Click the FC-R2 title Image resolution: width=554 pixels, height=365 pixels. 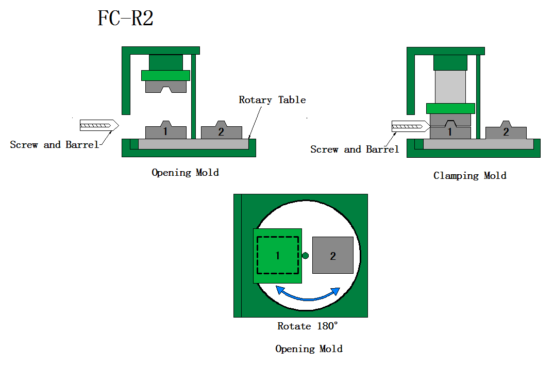[125, 19]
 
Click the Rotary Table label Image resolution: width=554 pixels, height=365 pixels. [272, 100]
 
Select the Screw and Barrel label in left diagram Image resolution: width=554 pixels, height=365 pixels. [54, 145]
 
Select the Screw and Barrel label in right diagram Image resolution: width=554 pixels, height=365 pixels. [355, 150]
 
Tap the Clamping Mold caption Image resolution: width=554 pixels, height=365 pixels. [469, 176]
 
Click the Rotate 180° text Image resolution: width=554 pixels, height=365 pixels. [308, 326]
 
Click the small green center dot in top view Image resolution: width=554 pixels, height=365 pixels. [305, 255]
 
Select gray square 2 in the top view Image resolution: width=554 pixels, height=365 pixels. [333, 255]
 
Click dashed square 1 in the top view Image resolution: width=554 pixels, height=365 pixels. [278, 255]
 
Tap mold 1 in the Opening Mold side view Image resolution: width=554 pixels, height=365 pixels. [165, 132]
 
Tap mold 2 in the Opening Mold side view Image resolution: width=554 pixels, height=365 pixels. [221, 132]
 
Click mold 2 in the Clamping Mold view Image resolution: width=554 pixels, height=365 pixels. [506, 132]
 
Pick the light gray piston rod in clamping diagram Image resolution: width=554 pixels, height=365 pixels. [450, 87]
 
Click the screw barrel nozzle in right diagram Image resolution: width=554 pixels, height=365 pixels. [410, 125]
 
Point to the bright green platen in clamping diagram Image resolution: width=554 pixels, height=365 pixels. [450, 108]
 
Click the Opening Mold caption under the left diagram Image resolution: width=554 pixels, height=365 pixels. [185, 173]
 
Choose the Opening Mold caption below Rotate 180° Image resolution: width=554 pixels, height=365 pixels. [309, 349]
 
